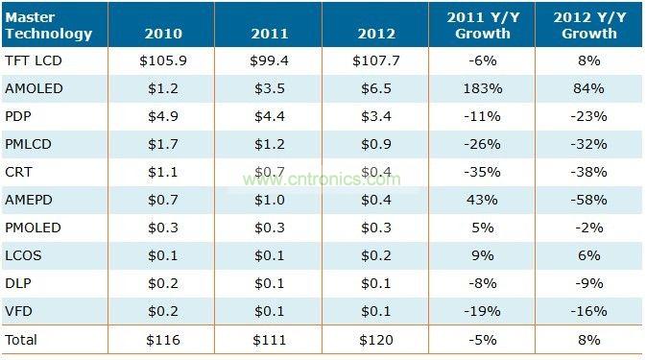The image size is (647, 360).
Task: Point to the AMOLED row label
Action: tap(36, 89)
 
